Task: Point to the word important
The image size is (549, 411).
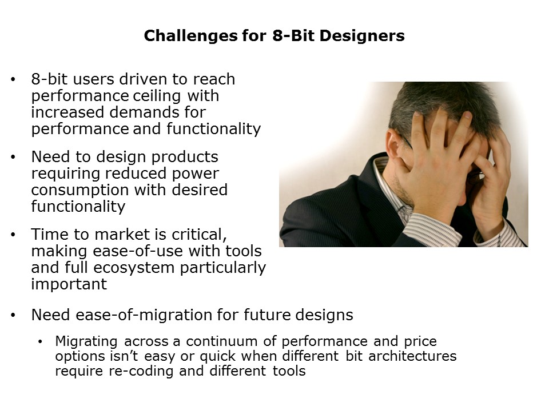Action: tap(69, 284)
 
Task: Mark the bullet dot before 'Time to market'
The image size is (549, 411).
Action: tap(14, 234)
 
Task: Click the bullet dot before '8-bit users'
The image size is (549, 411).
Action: tap(14, 79)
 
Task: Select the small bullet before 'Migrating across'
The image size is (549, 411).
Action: tap(40, 341)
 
